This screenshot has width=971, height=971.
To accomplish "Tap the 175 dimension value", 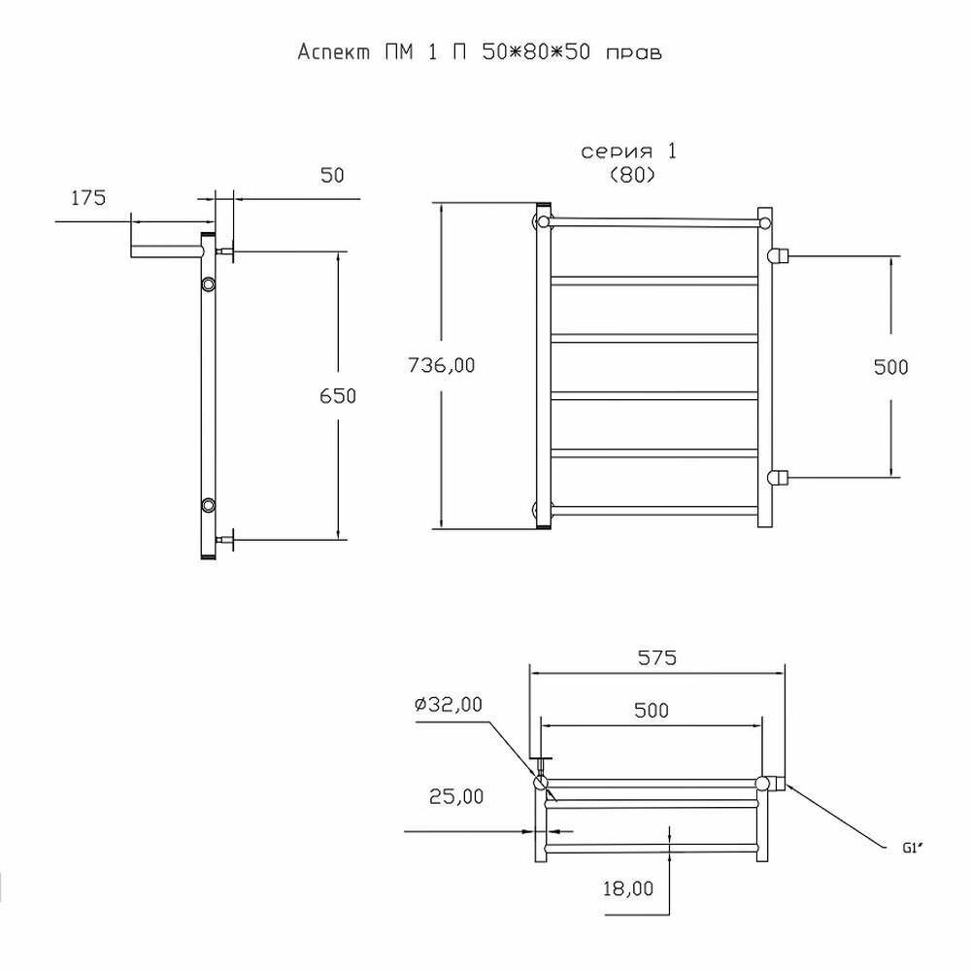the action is pyautogui.click(x=87, y=199).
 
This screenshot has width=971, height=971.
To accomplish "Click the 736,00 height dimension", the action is pyautogui.click(x=443, y=366).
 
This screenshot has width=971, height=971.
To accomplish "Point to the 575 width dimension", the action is pyautogui.click(x=656, y=657).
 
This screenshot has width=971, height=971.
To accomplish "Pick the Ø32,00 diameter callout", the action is pyautogui.click(x=449, y=706).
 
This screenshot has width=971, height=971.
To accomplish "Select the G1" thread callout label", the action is pyautogui.click(x=911, y=847).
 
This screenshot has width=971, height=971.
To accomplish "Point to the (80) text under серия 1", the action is pyautogui.click(x=631, y=175).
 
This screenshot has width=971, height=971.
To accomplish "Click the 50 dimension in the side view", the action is pyautogui.click(x=332, y=175).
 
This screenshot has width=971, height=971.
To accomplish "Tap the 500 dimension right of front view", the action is pyautogui.click(x=889, y=367).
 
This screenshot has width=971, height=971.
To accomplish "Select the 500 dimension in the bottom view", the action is pyautogui.click(x=651, y=710).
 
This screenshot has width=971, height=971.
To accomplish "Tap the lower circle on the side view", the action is pyautogui.click(x=209, y=505).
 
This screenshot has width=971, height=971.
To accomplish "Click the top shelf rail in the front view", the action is pyautogui.click(x=653, y=222).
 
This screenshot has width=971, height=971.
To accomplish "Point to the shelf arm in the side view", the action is pyautogui.click(x=165, y=252).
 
